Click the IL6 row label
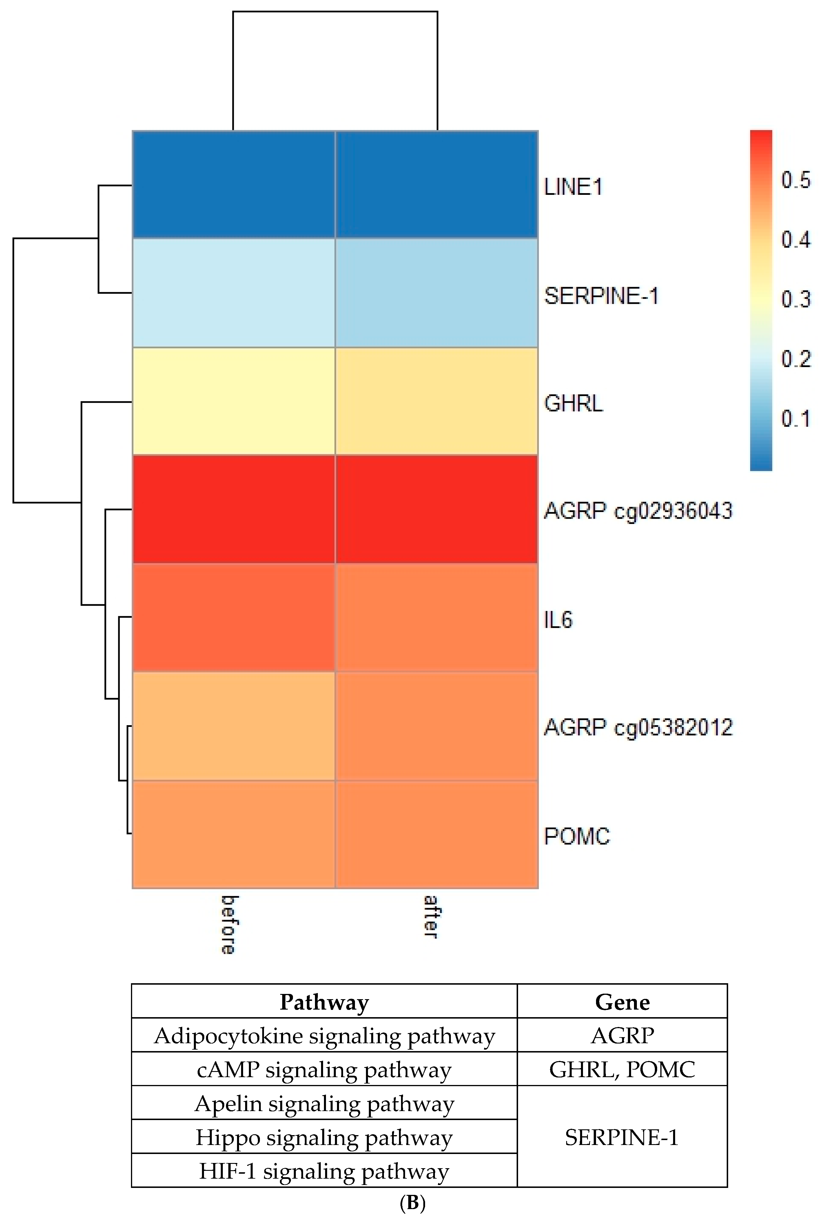click(x=558, y=620)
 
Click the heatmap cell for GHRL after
click(x=436, y=401)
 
